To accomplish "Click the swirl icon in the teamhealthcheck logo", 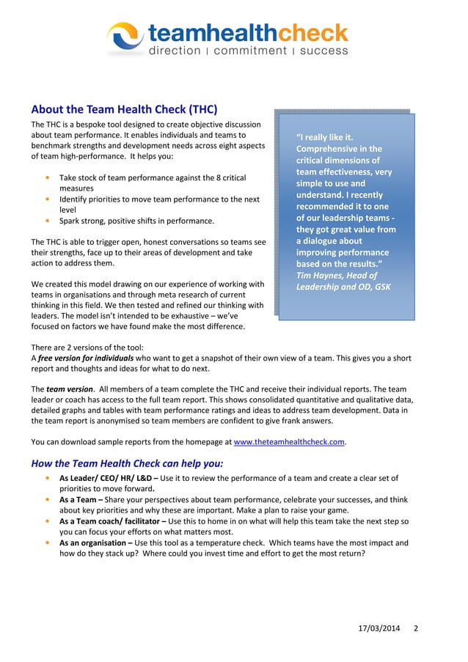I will point(125,37).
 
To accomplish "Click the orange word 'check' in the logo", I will point(313,33).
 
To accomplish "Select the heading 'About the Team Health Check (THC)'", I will point(124,110).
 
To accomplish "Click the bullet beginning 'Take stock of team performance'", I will point(152,178).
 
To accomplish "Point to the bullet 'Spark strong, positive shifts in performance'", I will point(136,221).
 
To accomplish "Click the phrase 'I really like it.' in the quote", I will point(326,137).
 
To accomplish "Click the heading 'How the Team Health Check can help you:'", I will point(127,463).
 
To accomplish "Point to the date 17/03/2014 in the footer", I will point(379,629).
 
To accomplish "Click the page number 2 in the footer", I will point(416,629).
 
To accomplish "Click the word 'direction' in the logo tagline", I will point(175,51).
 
